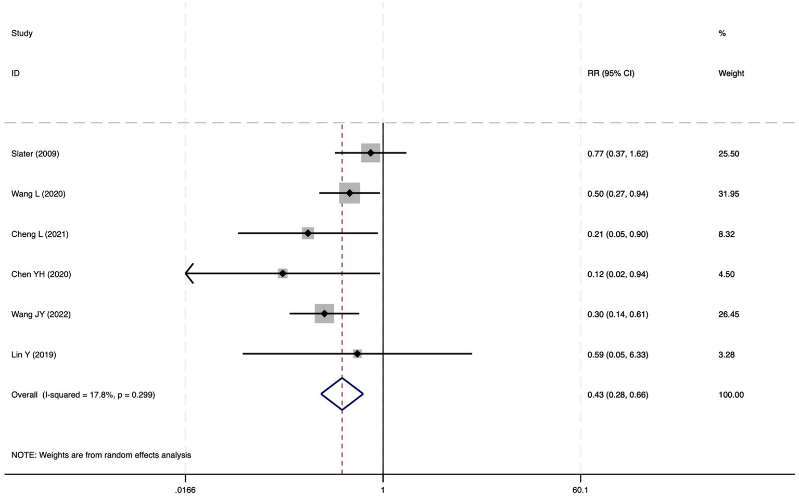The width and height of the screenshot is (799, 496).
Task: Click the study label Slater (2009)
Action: tap(35, 154)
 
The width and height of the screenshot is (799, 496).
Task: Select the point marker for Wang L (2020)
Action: tap(349, 193)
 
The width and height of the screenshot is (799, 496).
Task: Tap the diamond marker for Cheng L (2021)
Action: tap(308, 233)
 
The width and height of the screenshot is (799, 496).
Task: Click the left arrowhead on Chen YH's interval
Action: tap(188, 273)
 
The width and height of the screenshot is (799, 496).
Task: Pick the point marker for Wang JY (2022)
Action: tap(324, 313)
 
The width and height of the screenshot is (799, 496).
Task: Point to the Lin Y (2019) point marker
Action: tap(357, 354)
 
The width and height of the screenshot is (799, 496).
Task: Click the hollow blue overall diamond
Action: tap(342, 394)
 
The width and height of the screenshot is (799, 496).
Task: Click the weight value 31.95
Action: tap(729, 194)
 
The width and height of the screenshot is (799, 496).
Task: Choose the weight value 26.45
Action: tap(729, 314)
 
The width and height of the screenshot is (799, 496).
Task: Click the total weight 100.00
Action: tap(731, 395)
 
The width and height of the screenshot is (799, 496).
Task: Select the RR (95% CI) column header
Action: tap(611, 73)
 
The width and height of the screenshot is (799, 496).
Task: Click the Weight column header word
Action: tap(731, 73)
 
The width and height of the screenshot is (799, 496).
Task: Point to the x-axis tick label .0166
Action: tap(185, 490)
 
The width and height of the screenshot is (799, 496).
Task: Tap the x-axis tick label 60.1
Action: tap(580, 490)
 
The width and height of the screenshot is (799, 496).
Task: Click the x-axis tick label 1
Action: tap(383, 490)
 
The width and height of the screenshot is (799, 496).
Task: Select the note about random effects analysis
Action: tap(102, 455)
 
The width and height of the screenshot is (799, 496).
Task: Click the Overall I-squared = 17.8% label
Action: tap(83, 395)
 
